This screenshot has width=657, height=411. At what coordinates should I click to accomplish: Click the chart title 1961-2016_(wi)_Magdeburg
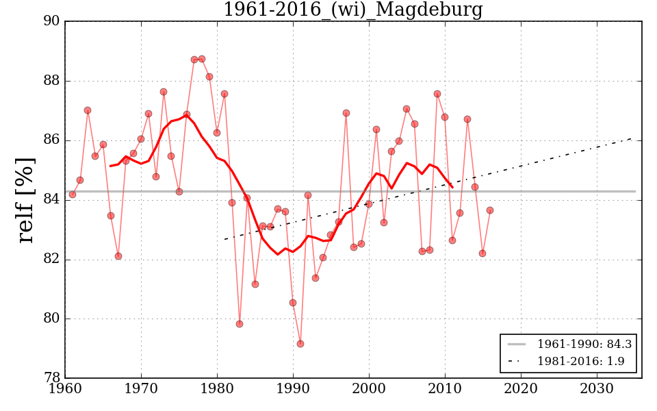352,10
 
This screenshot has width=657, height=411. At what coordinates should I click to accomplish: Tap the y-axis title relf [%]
26,200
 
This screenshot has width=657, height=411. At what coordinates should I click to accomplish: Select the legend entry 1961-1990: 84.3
580,344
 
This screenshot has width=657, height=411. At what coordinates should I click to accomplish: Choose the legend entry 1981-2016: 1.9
580,362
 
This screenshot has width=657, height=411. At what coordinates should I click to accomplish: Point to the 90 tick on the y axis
51,22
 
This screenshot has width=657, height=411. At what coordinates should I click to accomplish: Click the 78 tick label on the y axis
51,378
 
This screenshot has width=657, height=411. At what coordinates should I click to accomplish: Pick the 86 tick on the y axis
51,140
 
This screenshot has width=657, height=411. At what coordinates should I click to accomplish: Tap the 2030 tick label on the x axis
597,388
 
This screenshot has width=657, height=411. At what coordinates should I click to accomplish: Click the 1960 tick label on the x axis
66,388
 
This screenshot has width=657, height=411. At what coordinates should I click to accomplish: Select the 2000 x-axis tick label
370,388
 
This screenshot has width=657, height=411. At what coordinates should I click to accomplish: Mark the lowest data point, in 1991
300,343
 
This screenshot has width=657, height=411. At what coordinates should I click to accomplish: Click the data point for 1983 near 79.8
240,324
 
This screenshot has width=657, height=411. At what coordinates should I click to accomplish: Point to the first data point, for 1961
73,195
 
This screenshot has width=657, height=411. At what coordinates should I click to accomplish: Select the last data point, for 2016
490,210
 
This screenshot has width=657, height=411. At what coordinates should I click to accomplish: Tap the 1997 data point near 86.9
346,113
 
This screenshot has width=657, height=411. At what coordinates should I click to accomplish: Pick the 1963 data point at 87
88,110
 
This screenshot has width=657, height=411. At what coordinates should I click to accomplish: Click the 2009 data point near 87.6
437,94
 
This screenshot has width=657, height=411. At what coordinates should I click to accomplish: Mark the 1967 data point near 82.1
118,256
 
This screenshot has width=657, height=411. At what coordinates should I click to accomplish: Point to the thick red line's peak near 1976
186,115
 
